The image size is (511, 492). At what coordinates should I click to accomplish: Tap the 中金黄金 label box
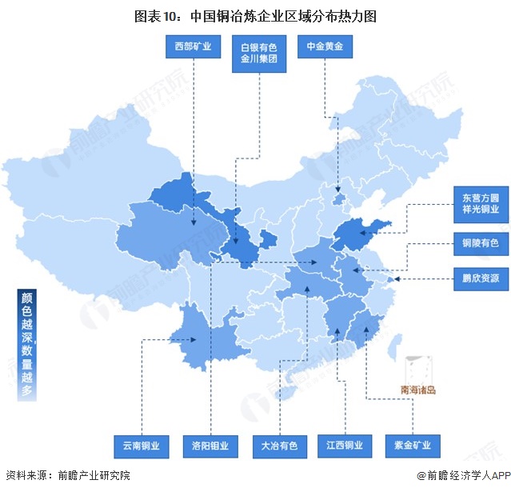(x=325, y=47)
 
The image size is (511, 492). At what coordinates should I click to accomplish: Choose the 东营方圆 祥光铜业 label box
(x=480, y=203)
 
